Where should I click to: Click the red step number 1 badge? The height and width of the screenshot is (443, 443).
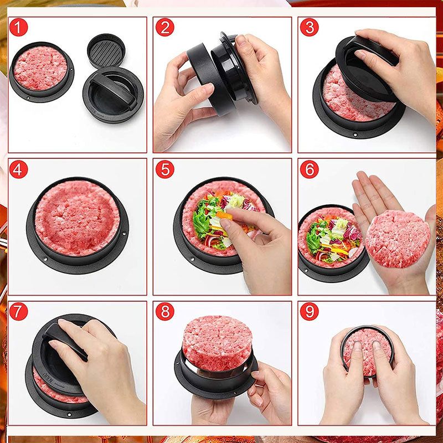(18, 27)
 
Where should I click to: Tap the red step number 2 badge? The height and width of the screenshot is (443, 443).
(164, 27)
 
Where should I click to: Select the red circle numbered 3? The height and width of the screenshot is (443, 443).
(309, 27)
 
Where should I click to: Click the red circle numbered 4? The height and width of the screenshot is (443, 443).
(18, 169)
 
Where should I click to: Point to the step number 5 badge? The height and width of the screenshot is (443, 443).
(164, 169)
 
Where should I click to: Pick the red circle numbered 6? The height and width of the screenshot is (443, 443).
(309, 169)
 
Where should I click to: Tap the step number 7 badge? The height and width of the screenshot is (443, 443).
(18, 311)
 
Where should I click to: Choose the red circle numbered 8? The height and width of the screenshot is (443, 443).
(164, 311)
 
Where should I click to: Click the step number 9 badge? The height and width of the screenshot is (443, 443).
(309, 311)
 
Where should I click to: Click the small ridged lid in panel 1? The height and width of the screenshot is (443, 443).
(106, 50)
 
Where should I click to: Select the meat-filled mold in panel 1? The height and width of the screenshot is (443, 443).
(40, 69)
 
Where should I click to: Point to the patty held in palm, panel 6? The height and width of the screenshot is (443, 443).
(398, 238)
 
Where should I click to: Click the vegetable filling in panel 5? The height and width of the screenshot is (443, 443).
(219, 219)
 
